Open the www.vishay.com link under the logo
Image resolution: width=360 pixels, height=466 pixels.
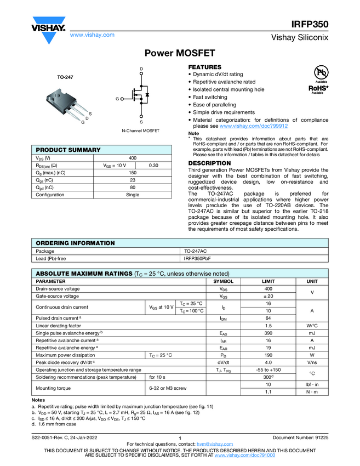pos(92,35)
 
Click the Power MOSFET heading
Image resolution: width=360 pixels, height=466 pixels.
pos(179,53)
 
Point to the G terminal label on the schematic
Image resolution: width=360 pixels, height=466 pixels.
pos(117,99)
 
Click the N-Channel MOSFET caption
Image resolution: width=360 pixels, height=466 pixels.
pos(141,132)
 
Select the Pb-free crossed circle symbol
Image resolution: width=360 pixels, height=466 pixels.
pos(321,72)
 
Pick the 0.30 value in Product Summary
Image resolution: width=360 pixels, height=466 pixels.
pos(154,165)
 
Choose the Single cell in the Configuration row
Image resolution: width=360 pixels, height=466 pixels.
pos(132,195)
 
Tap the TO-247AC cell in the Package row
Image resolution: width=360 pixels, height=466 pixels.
pos(195,251)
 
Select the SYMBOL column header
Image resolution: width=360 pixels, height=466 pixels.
pos(223,281)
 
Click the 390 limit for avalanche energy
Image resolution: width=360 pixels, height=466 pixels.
pos(268,333)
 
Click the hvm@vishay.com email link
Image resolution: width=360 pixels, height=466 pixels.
pos(212,444)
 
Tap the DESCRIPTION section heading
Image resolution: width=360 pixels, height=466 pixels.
pos(209,163)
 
